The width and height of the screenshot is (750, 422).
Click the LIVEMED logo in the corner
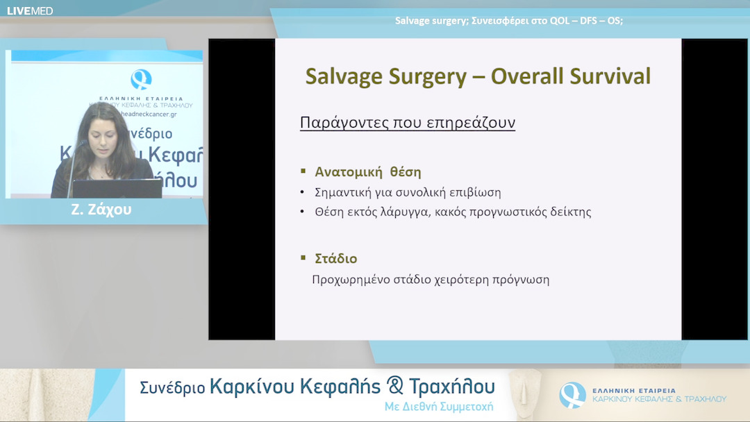[x=30, y=10]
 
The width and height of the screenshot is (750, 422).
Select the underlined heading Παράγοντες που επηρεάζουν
[x=407, y=124]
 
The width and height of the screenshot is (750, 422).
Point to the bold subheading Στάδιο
[x=336, y=259]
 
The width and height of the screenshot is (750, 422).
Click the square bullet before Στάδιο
[x=303, y=258]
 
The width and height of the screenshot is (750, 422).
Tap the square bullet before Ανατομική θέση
[x=303, y=171]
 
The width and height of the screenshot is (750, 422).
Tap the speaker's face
[x=102, y=131]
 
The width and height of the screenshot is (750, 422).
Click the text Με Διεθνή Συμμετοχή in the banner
[x=439, y=407]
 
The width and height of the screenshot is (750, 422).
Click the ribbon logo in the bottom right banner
[x=572, y=395]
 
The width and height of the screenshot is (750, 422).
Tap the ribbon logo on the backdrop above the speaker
[x=142, y=79]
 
